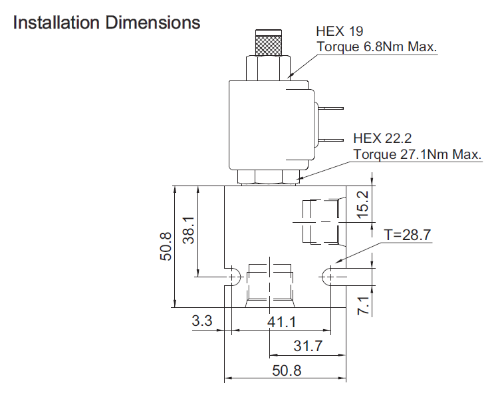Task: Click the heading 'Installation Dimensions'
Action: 106,23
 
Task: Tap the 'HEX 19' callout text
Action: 340,31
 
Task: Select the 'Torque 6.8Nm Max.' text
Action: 376,47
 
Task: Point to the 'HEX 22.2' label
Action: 382,138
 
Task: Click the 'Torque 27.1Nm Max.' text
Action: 418,154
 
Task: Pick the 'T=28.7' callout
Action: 408,235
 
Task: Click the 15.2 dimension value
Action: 362,204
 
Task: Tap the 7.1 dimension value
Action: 363,306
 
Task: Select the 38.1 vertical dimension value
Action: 188,230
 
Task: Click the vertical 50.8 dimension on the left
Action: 166,247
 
